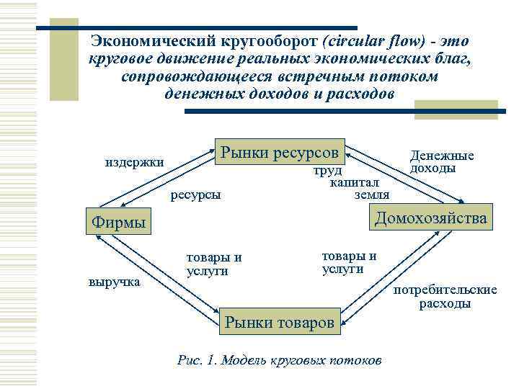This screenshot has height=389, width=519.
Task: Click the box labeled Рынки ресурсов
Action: (x=280, y=152)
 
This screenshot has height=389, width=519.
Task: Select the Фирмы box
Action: (x=119, y=222)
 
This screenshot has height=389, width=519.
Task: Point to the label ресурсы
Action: (x=196, y=194)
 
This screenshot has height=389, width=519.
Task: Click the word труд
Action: (x=327, y=171)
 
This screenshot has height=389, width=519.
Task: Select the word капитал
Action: (x=355, y=183)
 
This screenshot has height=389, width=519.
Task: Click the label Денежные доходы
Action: (x=441, y=162)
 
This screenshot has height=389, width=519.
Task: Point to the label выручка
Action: (x=114, y=281)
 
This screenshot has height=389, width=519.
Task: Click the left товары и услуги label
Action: (x=214, y=264)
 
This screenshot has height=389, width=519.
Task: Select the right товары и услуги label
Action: (x=349, y=262)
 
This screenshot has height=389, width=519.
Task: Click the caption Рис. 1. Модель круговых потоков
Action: (x=280, y=359)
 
